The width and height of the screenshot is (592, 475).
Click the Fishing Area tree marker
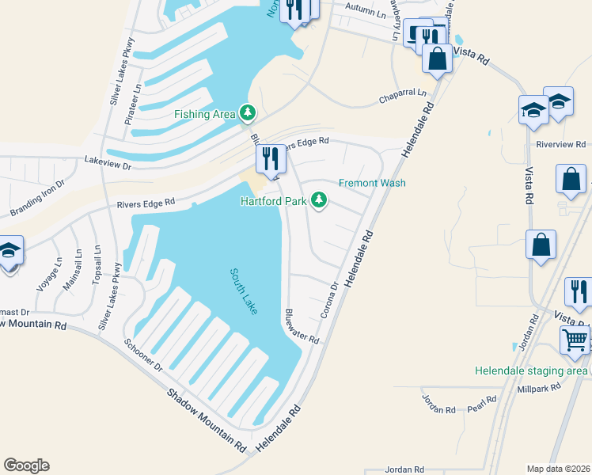coord(248,114)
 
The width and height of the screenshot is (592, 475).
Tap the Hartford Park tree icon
coord(319,200)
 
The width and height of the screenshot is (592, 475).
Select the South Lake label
coord(244,291)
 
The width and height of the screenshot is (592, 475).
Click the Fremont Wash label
coord(372,183)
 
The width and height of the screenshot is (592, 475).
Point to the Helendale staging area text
coord(531,370)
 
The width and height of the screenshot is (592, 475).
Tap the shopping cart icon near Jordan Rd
coord(575,341)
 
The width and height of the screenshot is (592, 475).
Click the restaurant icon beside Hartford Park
coord(271,159)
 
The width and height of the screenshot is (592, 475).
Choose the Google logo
coord(26,465)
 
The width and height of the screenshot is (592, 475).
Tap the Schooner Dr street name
coord(142,356)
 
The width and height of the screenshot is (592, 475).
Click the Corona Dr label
coord(330,301)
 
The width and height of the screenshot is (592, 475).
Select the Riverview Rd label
coord(560,145)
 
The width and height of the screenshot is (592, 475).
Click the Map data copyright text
coord(558,469)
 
